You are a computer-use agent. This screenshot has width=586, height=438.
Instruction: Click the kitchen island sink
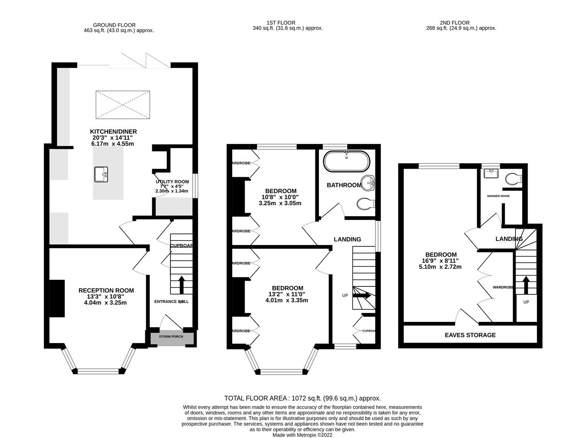click(101, 174)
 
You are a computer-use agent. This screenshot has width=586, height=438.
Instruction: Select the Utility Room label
click(172, 182)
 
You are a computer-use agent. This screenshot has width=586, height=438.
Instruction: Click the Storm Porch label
click(171, 337)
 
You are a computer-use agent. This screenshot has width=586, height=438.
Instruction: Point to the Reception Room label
click(106, 290)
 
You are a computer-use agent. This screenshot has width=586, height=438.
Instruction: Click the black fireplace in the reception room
click(57, 298)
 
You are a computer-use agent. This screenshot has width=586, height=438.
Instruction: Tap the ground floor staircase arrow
click(181, 285)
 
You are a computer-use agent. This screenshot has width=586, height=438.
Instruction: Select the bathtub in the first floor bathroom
click(346, 161)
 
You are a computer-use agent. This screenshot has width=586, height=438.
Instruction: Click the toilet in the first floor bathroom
click(366, 203)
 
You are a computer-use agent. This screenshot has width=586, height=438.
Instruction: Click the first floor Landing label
click(347, 239)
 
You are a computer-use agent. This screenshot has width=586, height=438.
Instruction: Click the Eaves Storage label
click(470, 335)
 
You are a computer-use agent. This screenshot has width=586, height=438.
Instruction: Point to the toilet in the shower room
click(513, 178)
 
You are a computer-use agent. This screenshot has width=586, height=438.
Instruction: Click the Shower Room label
click(498, 196)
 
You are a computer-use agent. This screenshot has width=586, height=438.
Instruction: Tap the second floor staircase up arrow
click(526, 285)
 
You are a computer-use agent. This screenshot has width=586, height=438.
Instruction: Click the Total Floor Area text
click(302, 398)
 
